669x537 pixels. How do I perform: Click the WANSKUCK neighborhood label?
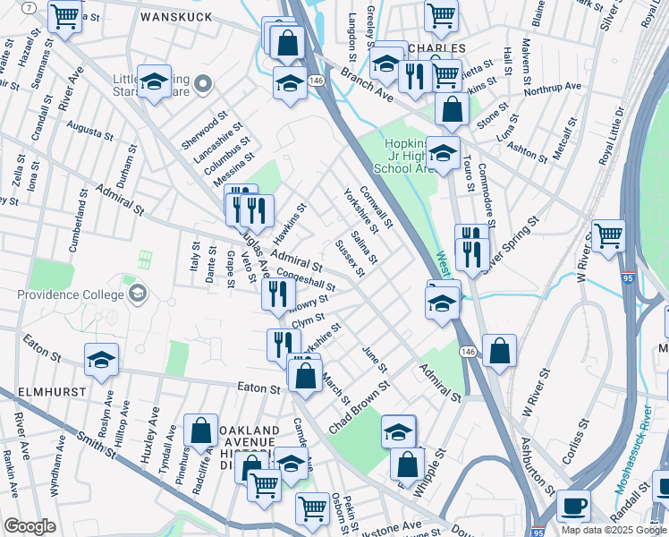pos(176,16)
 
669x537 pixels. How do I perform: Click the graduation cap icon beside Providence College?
pos(137,293)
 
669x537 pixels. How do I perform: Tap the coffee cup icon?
pos(573,506)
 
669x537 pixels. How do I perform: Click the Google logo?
pos(30,526)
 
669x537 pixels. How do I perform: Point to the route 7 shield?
pos(30,7)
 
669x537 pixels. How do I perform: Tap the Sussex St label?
pos(349,258)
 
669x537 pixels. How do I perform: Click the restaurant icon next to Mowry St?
pos(278,294)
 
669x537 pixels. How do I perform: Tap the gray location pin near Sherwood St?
pos(203,86)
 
